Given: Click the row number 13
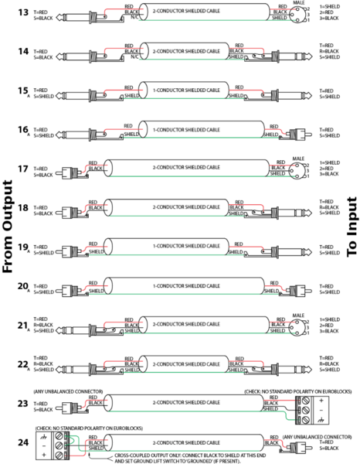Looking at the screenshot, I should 22,12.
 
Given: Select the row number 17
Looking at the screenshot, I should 22,168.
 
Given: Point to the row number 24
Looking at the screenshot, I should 22,443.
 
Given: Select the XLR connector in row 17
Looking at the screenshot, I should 289,169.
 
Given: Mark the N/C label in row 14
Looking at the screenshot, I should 136,56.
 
